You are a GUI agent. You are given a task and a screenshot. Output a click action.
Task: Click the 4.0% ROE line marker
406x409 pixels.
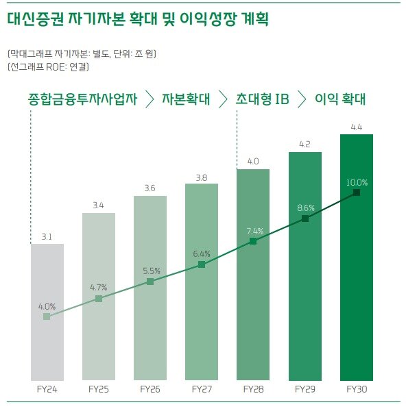(47, 317)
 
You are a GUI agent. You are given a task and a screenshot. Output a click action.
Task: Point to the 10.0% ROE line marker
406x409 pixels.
(357, 193)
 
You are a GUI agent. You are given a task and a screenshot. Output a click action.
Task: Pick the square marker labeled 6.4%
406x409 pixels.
(202, 264)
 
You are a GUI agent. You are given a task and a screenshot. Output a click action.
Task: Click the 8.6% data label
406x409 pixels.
(305, 208)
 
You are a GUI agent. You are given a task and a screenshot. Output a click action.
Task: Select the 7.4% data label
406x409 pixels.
(254, 230)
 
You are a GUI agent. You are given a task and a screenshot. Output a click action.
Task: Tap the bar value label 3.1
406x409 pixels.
(47, 236)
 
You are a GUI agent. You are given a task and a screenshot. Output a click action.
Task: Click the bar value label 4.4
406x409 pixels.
(357, 127)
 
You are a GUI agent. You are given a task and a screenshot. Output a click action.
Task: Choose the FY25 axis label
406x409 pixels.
(99, 389)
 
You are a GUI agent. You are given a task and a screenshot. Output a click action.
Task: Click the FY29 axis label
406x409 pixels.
(305, 389)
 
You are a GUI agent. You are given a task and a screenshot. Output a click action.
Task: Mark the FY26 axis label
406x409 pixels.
(150, 389)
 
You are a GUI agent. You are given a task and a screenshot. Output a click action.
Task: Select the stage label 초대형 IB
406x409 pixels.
(261, 99)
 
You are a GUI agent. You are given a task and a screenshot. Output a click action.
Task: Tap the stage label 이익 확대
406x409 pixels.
(339, 99)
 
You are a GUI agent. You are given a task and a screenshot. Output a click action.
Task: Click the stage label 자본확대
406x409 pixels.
(185, 99)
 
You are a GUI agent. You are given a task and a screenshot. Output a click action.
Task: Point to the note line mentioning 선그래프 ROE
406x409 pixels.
(48, 67)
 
